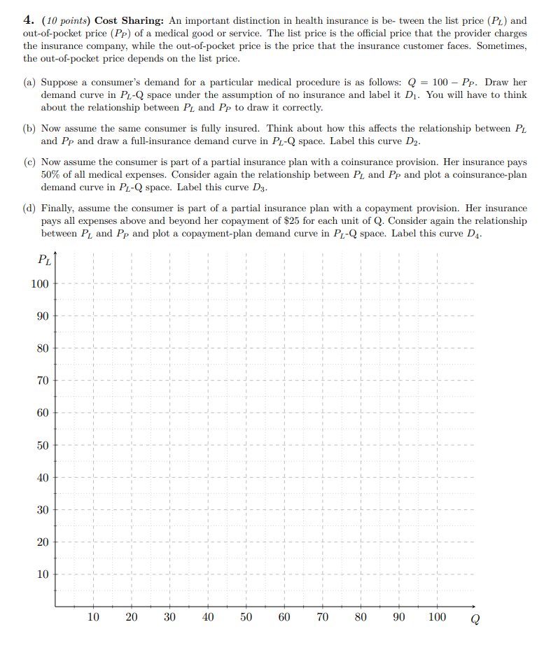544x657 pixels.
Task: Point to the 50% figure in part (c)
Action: pos(52,175)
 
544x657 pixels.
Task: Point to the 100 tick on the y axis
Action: pos(39,284)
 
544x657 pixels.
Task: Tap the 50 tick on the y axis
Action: pos(42,446)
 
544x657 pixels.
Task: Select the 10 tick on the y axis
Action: pos(42,575)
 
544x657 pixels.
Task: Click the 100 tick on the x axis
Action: pos(437,617)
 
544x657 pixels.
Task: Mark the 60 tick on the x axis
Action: pos(284,617)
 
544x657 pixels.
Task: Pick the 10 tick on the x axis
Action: pos(93,617)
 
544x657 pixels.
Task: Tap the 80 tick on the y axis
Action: pos(42,348)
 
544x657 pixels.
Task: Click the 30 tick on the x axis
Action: pos(169,617)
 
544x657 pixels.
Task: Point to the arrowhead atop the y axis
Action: pos(55,255)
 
